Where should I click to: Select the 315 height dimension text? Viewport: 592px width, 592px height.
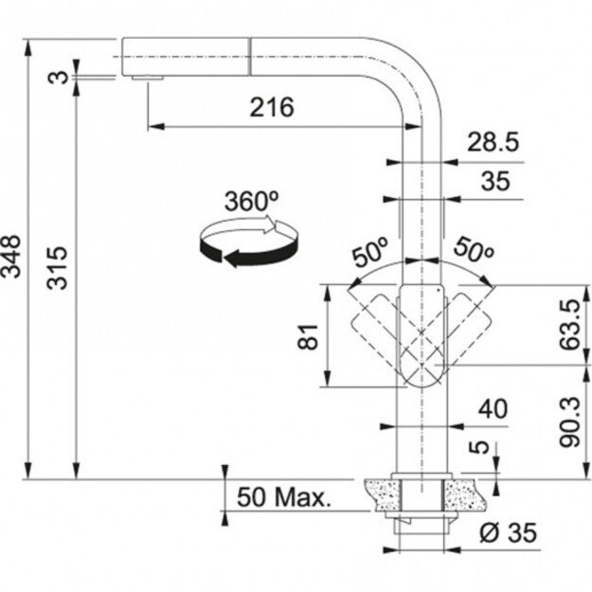59,268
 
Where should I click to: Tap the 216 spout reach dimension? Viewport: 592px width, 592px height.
271,107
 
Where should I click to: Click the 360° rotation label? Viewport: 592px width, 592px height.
251,202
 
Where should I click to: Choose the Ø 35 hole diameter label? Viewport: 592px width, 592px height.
507,534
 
